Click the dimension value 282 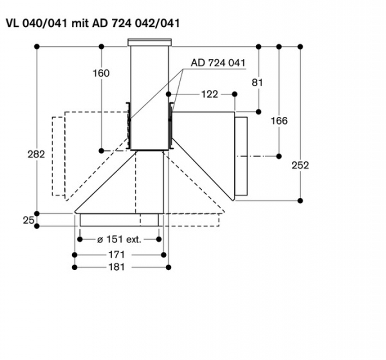coord(37,154)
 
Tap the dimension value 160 coord(101,73)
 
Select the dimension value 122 coord(209,94)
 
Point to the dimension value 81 coord(258,82)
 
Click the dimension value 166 coord(279,120)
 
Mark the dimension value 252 coord(300,165)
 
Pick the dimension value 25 coord(29,220)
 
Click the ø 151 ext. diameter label coord(119,240)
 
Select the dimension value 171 coord(116,255)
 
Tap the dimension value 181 coord(116,267)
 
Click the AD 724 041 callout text coord(218,63)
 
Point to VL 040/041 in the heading coord(37,24)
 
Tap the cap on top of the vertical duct coord(150,42)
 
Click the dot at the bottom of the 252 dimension coord(300,199)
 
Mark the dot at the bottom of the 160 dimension coord(101,150)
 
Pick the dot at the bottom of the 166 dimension coord(280,155)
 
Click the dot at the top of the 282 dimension coord(37,46)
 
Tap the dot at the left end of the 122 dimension coord(169,94)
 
